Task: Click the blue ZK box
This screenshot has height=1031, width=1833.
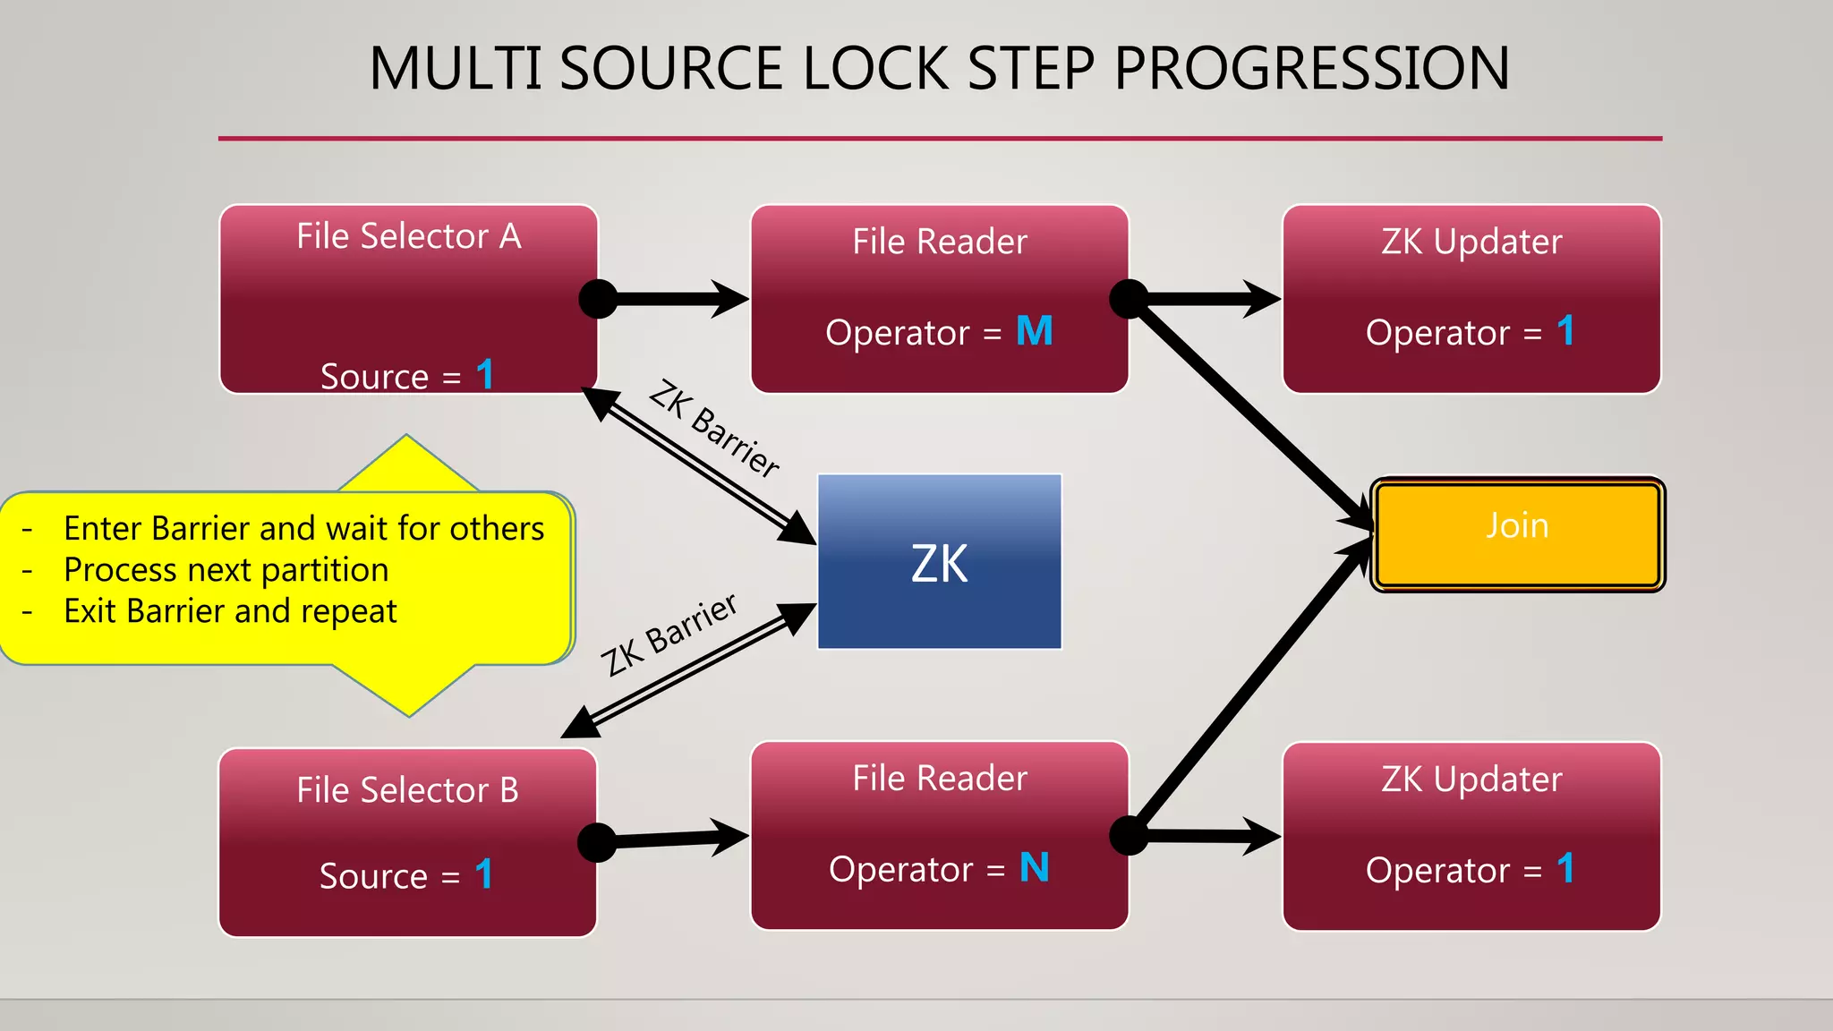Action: (x=939, y=562)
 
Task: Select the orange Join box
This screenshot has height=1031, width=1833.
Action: (x=1517, y=533)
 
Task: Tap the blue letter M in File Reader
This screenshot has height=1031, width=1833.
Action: (x=1035, y=331)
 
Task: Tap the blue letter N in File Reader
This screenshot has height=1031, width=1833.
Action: (x=1034, y=867)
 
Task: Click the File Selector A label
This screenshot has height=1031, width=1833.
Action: (x=408, y=236)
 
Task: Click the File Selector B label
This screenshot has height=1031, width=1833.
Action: (x=407, y=790)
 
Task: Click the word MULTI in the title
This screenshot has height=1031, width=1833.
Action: (x=455, y=69)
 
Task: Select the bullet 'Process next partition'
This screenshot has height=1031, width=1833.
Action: (x=226, y=570)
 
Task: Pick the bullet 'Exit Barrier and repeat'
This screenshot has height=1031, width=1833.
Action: (x=230, y=611)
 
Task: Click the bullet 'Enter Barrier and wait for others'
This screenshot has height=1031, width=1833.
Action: (x=303, y=529)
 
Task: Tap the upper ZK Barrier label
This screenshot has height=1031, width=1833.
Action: (x=714, y=428)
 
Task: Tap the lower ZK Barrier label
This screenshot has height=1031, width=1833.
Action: (x=669, y=635)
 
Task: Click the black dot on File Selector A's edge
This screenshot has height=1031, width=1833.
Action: (x=598, y=299)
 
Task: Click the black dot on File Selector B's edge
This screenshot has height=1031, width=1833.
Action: (x=597, y=843)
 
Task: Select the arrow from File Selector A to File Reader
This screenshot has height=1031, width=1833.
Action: (x=680, y=299)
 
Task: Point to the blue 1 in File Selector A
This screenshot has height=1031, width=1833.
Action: (x=485, y=374)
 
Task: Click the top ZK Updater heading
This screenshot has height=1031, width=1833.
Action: (x=1471, y=242)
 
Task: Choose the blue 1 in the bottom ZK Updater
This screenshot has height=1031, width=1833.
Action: (x=1565, y=868)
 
